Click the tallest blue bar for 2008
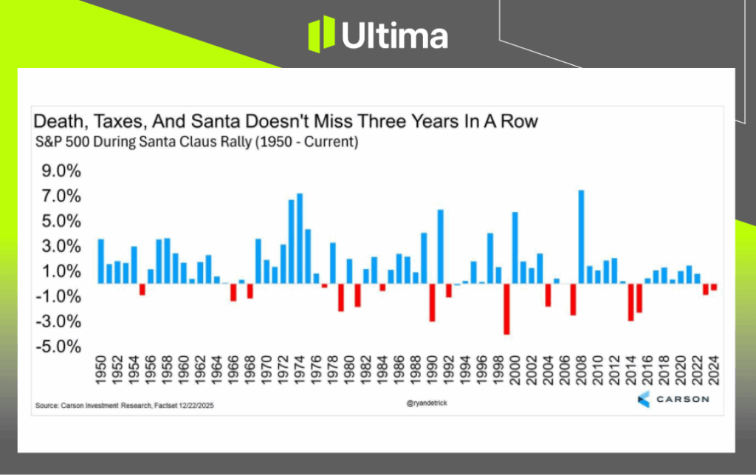581,236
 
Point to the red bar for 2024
714,287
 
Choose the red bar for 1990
432,302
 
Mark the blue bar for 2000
515,247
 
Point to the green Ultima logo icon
321,35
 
